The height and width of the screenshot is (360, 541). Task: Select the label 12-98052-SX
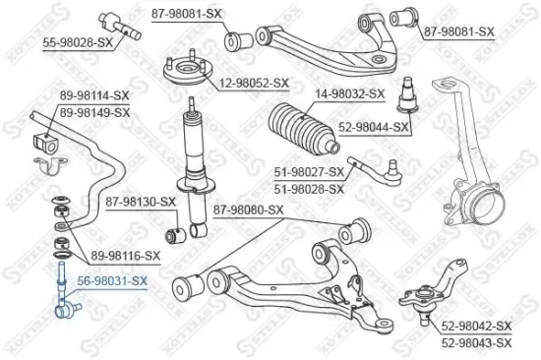[x=254, y=83]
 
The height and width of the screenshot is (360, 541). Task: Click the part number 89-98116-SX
[x=125, y=256]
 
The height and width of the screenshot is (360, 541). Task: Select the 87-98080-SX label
[x=248, y=210]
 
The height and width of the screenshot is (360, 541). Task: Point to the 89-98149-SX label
[x=94, y=112]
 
